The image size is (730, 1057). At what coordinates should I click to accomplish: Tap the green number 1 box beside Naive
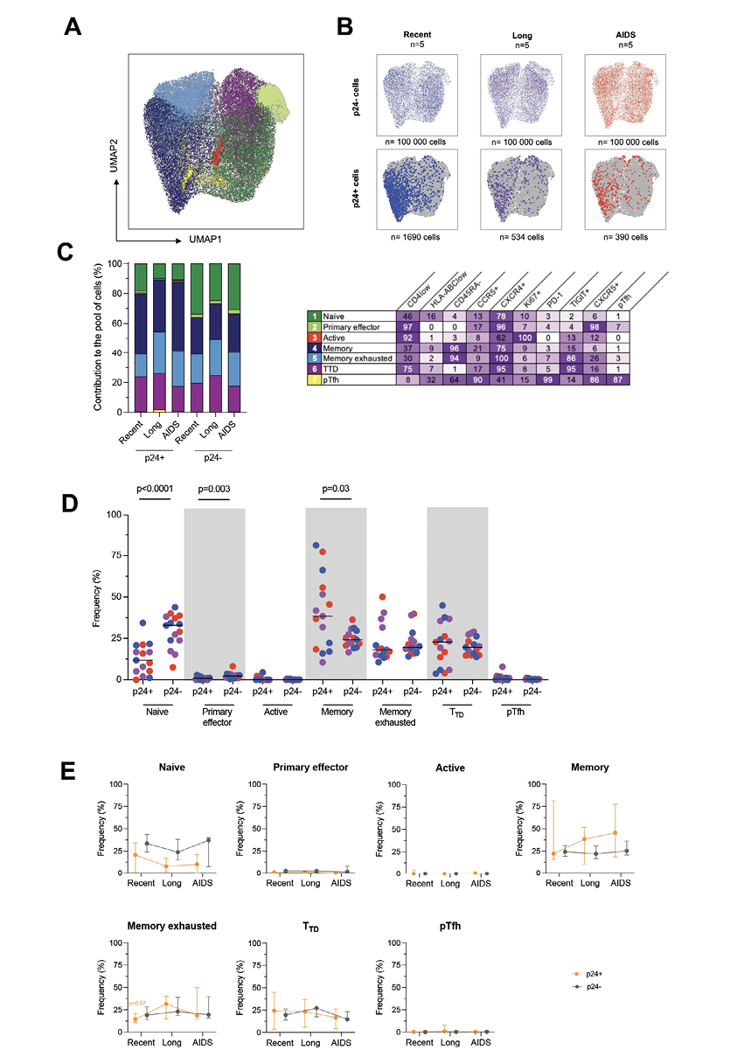click(313, 315)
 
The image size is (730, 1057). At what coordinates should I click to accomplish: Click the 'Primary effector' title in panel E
click(298, 768)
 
